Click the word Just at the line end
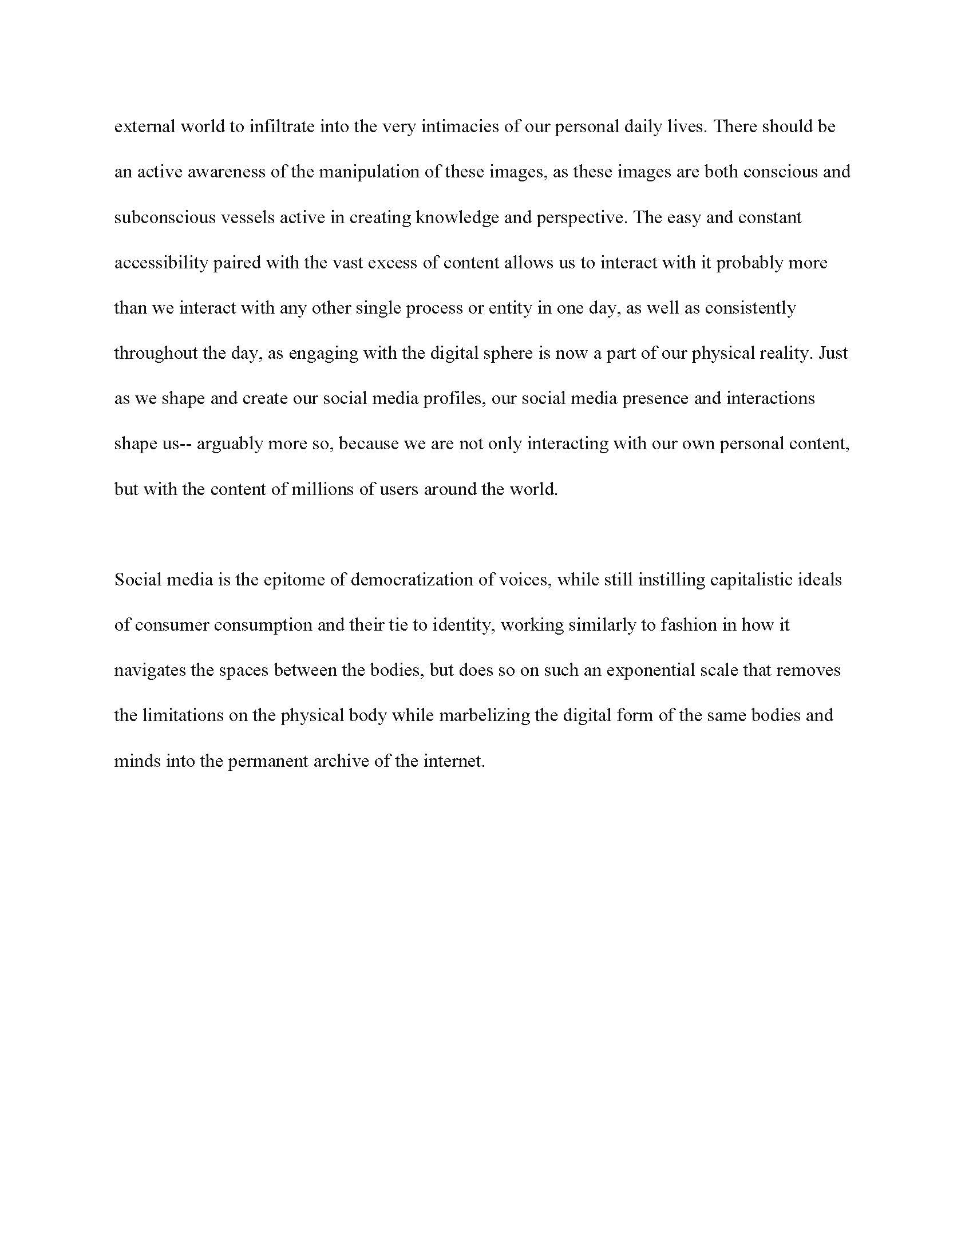coord(833,353)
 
